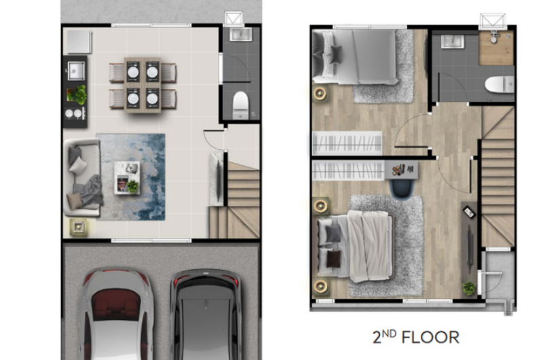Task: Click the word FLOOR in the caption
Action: [430, 337]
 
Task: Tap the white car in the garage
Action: [116, 314]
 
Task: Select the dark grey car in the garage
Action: [206, 314]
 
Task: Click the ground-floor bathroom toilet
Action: [241, 105]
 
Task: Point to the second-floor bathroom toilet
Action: [499, 84]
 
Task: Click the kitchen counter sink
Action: [76, 71]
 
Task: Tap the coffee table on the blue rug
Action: [128, 177]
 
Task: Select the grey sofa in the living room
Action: [82, 177]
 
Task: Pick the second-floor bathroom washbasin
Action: [452, 41]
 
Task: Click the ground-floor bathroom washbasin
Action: [241, 35]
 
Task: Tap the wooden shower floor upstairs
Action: [496, 48]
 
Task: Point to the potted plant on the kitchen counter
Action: [77, 94]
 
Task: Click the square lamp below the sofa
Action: [78, 227]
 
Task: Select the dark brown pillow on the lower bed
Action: [333, 259]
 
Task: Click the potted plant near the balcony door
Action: [469, 288]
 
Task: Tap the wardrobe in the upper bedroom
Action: [347, 143]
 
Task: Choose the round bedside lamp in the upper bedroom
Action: [320, 93]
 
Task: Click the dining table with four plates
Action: [143, 85]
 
